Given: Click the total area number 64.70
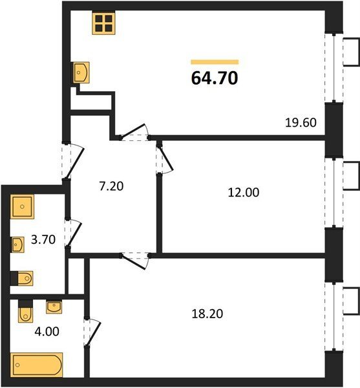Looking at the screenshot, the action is tap(215, 78).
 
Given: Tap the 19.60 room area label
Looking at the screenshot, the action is tap(301, 122).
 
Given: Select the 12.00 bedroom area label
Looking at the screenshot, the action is tap(244, 192).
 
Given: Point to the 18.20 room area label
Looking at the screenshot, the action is tap(207, 314).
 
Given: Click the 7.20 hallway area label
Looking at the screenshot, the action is tap(111, 186).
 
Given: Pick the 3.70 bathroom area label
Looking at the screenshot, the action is tap(43, 239).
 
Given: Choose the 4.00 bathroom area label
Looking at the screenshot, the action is tap(47, 331).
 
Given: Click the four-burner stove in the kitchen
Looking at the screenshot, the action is tap(104, 23).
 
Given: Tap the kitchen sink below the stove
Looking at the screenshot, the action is tap(81, 72).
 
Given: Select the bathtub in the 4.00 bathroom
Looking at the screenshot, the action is tap(37, 365).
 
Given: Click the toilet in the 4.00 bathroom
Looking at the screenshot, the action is tap(25, 311).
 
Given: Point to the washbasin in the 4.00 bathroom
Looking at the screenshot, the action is tap(54, 307).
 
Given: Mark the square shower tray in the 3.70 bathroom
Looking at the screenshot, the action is tap(22, 207).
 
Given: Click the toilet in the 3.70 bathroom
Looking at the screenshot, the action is tap(22, 278).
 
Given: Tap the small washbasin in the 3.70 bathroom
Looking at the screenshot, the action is tap(17, 244).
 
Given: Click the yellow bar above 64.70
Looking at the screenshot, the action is tap(215, 62).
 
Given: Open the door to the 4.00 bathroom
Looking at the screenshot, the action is tap(92, 332).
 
